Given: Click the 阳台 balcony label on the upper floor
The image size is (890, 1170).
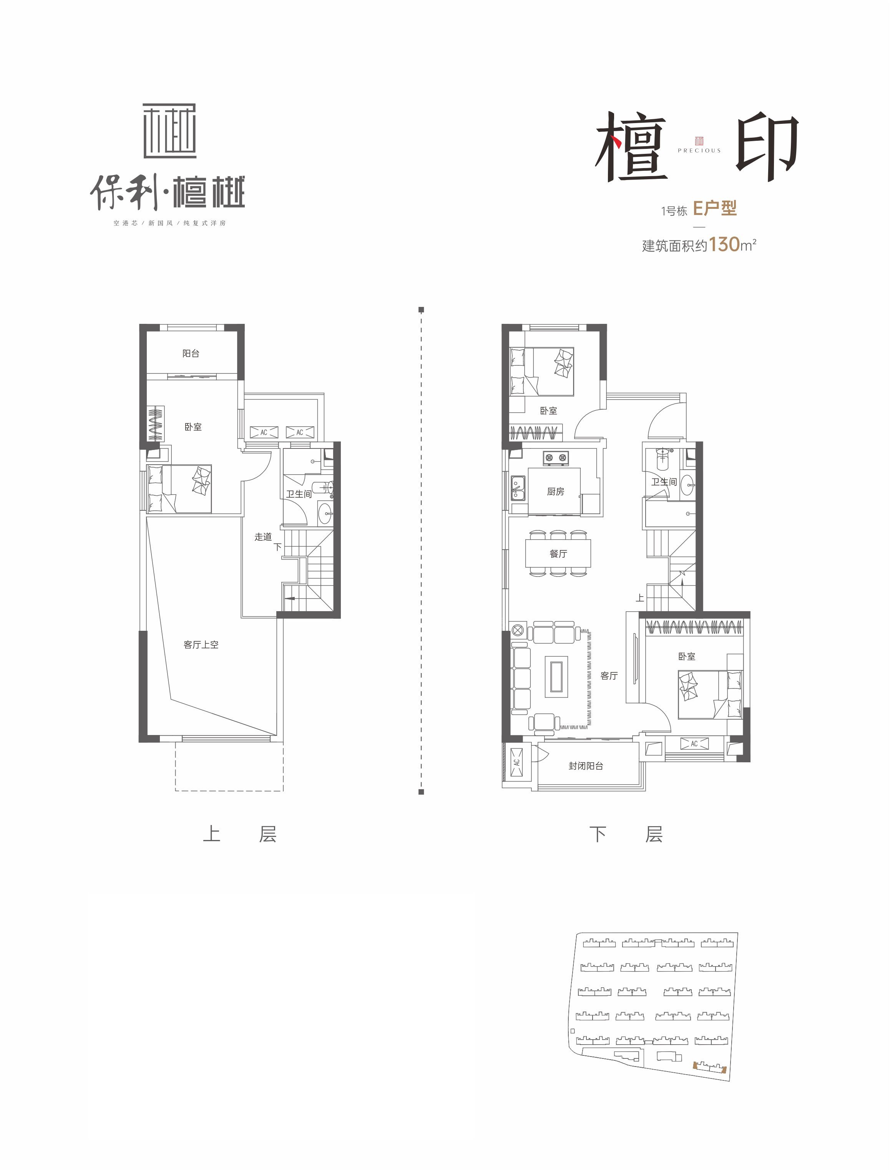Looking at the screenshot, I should tap(191, 353).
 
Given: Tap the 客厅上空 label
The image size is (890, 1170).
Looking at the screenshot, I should tap(201, 645).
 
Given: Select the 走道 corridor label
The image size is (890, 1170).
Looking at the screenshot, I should tap(263, 537).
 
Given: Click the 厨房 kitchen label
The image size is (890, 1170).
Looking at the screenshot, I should tap(555, 492).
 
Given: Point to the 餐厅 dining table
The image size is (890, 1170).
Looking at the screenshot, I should tap(558, 553).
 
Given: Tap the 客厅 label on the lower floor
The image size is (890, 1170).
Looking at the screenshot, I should tap(609, 676).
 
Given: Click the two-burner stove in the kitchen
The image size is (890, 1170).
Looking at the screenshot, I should tap(555, 457).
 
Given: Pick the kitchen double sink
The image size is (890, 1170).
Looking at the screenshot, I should tap(517, 488).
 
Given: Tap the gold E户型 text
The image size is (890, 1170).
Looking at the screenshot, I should tap(715, 208).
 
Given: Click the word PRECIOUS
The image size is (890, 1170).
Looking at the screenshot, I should tap(699, 150).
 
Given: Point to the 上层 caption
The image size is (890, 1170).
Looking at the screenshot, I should tap(239, 834).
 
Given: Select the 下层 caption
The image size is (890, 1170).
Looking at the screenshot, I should tap(626, 834).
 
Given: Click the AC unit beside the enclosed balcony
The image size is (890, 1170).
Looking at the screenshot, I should tap(516, 762).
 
